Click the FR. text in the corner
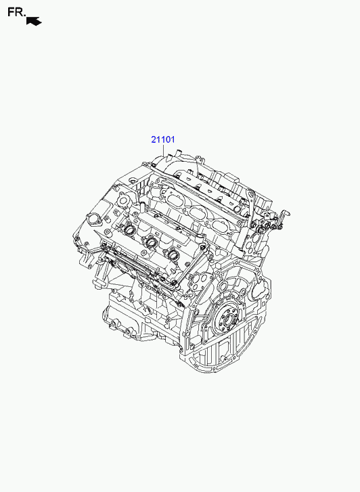point(16,13)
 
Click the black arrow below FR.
point(34,21)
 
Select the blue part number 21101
point(163,139)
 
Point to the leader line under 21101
point(164,151)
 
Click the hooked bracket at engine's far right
point(284,216)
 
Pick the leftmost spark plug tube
point(129,229)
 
